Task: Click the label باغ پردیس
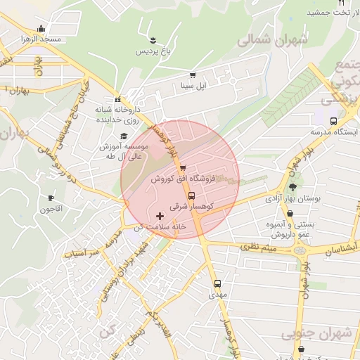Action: (153, 51)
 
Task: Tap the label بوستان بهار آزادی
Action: (292, 199)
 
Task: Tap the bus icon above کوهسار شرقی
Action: (193, 196)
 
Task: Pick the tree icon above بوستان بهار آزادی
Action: (292, 187)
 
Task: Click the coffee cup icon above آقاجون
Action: (51, 198)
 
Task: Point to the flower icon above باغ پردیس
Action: (153, 38)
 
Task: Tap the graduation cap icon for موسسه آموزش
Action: (124, 136)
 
